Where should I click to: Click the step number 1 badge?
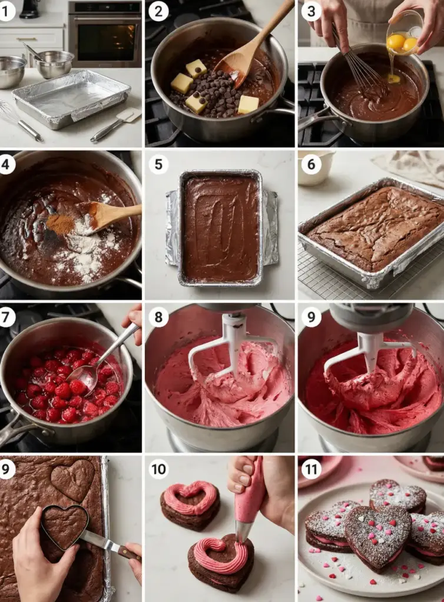[x=6, y=11]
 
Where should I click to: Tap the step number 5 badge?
[x=159, y=165]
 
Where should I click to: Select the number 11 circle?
[x=311, y=469]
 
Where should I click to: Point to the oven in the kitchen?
[x=105, y=34]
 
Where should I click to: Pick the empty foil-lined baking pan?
[x=71, y=98]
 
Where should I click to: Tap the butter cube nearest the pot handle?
[x=248, y=105]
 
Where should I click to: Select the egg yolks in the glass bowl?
[x=402, y=42]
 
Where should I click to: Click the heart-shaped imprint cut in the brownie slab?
[x=73, y=480]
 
